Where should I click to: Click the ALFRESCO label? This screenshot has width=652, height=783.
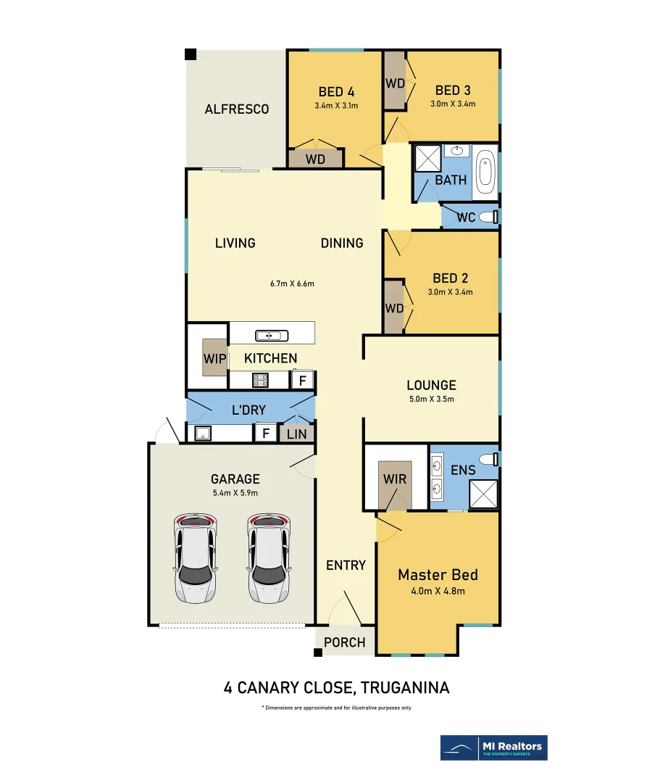tap(236, 109)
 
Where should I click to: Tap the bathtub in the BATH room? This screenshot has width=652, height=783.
tap(485, 173)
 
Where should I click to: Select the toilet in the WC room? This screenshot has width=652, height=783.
tap(495, 216)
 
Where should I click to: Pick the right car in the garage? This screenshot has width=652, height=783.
tap(269, 558)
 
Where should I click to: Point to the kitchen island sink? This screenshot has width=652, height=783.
tap(272, 335)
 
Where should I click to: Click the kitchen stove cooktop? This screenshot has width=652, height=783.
tap(261, 379)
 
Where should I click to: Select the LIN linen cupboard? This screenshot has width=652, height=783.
tap(297, 434)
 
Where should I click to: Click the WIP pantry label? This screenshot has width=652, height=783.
tap(214, 358)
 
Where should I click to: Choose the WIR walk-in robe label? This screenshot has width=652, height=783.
tap(396, 480)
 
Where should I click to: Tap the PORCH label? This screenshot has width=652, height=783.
tap(345, 642)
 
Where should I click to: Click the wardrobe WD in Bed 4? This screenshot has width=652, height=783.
tap(315, 159)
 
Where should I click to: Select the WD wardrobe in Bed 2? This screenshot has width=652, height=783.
tap(394, 308)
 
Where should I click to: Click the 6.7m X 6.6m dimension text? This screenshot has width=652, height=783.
tap(291, 283)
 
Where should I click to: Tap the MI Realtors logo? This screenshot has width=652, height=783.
tap(494, 747)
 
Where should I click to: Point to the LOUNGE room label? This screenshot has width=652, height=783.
tap(431, 386)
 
